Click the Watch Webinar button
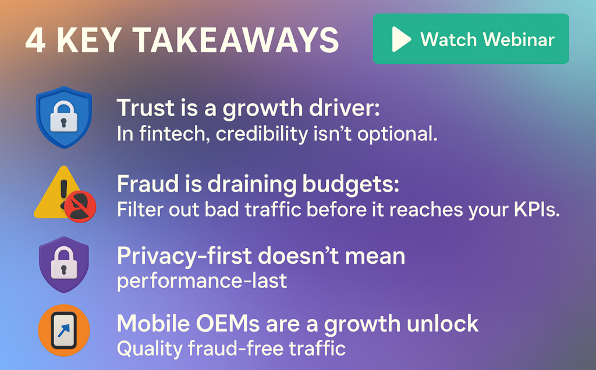(470, 39)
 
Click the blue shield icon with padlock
(63, 116)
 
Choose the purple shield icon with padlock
(63, 264)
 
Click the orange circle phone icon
(63, 331)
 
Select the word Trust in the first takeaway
(137, 108)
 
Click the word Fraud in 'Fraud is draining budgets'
(140, 184)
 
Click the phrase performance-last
(202, 281)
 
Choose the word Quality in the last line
(150, 349)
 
